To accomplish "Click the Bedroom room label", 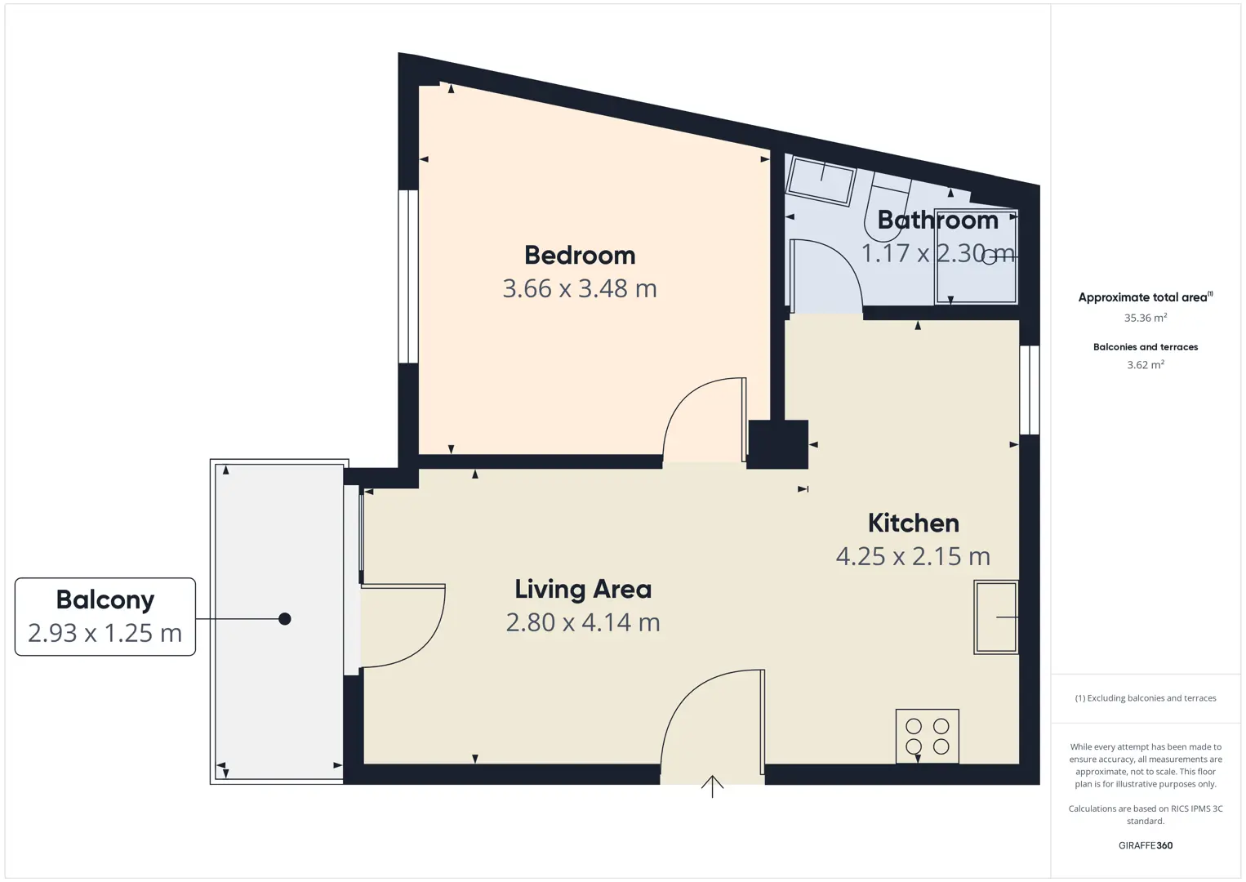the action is point(580,256).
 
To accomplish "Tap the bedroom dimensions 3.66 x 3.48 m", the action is point(580,288).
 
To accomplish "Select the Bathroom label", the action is point(938,220).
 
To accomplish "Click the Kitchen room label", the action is point(914,523).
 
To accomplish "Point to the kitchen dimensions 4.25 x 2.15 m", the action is point(914,556).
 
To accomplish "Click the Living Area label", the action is point(583,590).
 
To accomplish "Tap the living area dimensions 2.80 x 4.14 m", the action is point(583,622).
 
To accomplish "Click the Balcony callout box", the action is point(105,617).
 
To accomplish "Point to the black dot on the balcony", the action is point(285,619).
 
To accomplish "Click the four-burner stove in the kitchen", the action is point(928,736).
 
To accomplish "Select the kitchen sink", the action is point(995,617).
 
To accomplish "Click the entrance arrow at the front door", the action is point(712,786).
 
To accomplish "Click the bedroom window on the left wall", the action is point(408,277).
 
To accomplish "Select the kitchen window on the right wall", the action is point(1030,390).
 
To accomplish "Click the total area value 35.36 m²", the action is point(1146,318).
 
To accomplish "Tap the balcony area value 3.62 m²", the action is point(1146,364).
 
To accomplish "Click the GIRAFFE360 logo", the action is point(1146,845).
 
